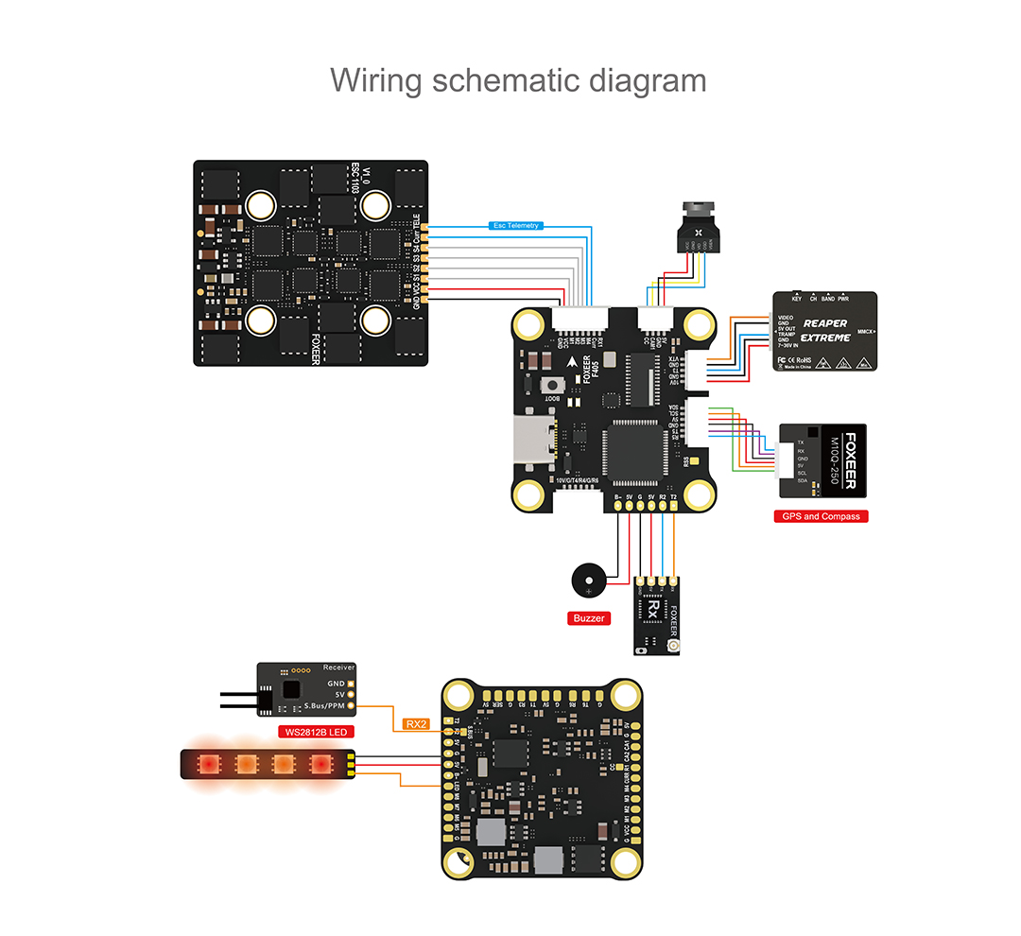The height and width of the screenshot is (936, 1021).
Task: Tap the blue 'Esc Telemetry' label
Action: click(515, 225)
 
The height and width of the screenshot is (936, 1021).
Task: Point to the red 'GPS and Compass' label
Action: click(821, 516)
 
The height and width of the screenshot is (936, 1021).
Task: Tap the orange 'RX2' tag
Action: click(416, 724)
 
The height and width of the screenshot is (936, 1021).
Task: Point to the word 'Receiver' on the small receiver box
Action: click(338, 667)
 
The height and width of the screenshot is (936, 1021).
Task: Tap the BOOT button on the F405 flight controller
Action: click(550, 385)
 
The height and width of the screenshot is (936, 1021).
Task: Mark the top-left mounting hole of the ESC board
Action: click(262, 203)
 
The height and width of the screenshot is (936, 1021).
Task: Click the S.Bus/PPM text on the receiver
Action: click(324, 705)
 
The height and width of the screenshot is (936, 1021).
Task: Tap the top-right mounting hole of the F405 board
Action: click(699, 326)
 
